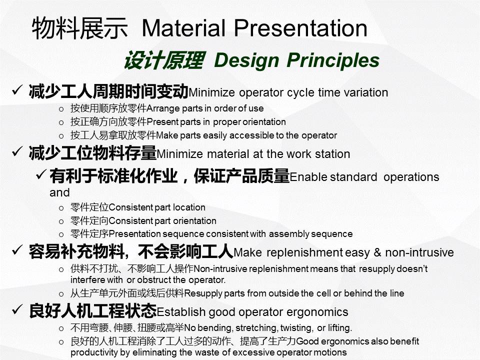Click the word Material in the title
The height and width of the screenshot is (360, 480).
(183, 28)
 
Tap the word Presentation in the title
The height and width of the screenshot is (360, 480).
(300, 28)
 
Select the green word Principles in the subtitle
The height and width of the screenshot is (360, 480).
(333, 60)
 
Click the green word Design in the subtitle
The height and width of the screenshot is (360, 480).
(246, 60)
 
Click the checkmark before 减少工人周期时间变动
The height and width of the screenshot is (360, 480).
(17, 90)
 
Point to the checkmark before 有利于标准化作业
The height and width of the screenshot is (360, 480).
(41, 174)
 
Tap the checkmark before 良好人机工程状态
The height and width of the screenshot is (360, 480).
(17, 309)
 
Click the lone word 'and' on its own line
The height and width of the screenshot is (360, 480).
(59, 192)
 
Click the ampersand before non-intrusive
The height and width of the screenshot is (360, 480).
(377, 252)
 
